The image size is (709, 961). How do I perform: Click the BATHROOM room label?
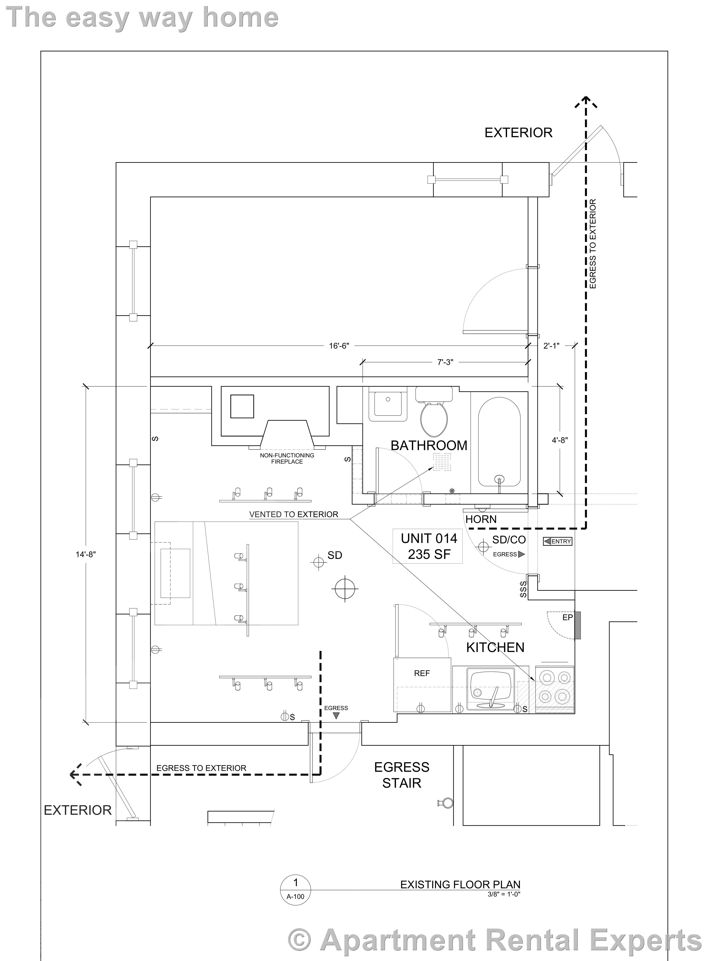pyautogui.click(x=429, y=446)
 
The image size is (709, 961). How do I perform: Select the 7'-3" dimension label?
pyautogui.click(x=445, y=362)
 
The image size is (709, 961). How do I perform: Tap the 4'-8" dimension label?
pyautogui.click(x=560, y=440)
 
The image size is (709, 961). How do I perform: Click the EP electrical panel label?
pyautogui.click(x=567, y=617)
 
